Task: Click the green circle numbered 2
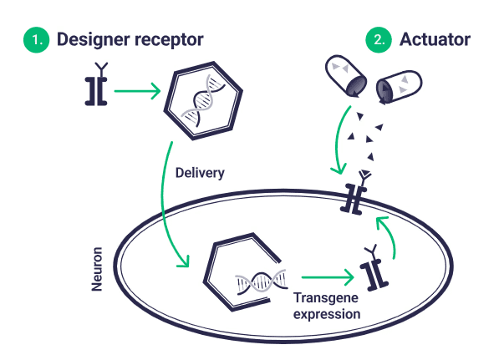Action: (380, 39)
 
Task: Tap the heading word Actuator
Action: (435, 39)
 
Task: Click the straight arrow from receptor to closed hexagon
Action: (138, 92)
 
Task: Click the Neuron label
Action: (97, 268)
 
